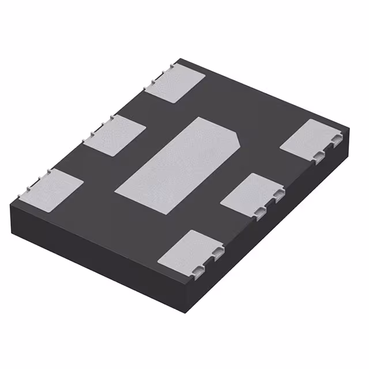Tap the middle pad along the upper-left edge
point(115,135)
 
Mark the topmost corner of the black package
point(180,59)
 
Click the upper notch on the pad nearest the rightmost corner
point(337,138)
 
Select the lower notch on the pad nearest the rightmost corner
point(319,155)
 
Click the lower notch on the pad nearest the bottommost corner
point(198,268)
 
